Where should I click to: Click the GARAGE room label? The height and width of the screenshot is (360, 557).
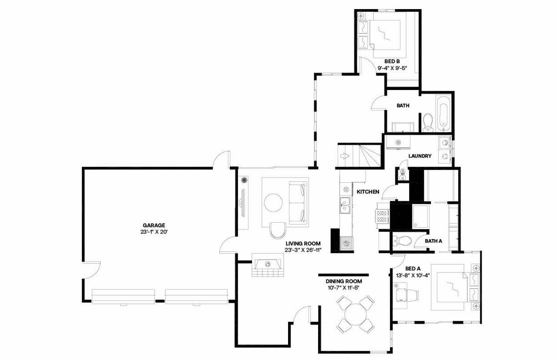click(154, 225)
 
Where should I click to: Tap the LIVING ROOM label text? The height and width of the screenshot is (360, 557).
click(303, 243)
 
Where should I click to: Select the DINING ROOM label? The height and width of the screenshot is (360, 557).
click(344, 281)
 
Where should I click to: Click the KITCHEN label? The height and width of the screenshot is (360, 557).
click(368, 191)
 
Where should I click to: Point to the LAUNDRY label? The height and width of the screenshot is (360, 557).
click(420, 156)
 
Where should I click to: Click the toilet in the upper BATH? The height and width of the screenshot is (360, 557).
click(427, 121)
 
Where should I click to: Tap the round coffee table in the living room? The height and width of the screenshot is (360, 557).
click(275, 203)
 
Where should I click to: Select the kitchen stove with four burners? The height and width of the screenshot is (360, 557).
click(382, 217)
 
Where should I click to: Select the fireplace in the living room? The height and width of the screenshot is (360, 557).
click(268, 266)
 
